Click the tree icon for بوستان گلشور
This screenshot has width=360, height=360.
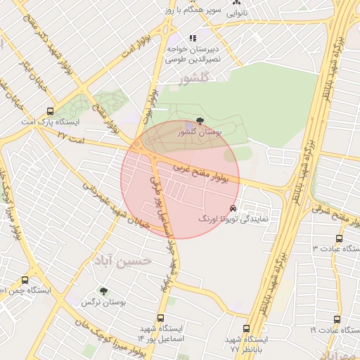[202, 121]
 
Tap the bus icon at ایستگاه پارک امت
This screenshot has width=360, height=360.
[49, 111]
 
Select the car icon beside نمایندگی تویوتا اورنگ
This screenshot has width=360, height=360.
[233, 209]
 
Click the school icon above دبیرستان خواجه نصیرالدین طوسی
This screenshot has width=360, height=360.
[193, 38]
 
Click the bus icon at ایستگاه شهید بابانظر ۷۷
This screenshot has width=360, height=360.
[245, 328]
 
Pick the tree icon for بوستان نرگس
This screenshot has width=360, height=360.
[103, 290]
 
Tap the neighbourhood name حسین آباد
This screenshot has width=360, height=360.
[126, 259]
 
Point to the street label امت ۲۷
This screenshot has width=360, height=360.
[70, 133]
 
